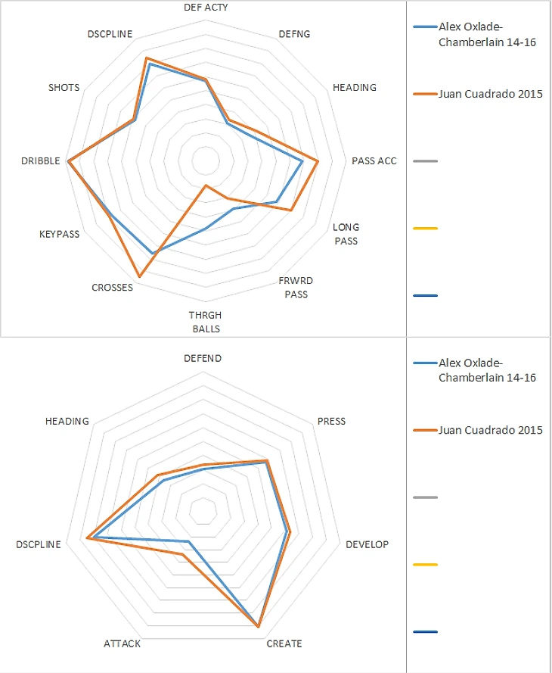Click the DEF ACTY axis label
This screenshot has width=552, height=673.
tap(206, 7)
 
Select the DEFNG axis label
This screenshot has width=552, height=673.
tap(294, 34)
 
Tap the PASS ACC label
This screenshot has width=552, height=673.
tap(374, 160)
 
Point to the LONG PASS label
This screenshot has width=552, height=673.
tap(346, 234)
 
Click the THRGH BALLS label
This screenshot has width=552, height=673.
tap(206, 322)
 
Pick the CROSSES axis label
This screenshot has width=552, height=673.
tap(112, 288)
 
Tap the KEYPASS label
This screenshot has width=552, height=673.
tap(59, 235)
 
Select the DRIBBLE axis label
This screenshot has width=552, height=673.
tap(41, 161)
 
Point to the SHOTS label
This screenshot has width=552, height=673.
tap(64, 88)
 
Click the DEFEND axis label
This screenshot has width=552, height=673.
tap(203, 358)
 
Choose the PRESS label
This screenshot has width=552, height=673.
tap(331, 421)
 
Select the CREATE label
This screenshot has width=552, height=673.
tap(284, 644)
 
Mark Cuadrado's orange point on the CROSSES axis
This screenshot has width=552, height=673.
tap(139, 275)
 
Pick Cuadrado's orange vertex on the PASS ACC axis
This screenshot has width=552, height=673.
tap(318, 161)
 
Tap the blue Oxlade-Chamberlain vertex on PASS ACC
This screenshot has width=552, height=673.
tap(302, 161)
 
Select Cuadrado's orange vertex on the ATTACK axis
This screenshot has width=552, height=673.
tap(181, 555)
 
